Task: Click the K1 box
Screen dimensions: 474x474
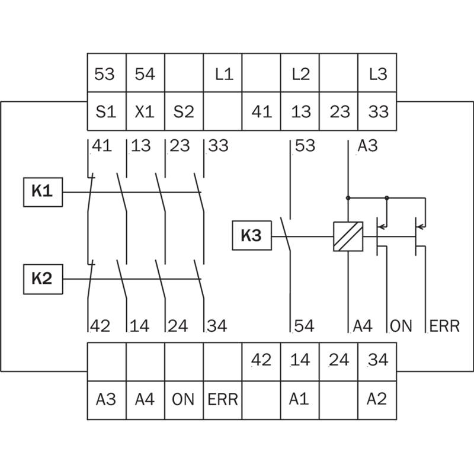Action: pos(43,192)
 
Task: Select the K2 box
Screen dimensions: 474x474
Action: pos(43,279)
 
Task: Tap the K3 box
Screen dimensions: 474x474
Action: pos(252,235)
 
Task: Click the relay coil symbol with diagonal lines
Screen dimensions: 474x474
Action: pos(348,236)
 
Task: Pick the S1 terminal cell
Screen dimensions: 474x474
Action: pos(107,111)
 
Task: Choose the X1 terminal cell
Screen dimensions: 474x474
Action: pos(145,111)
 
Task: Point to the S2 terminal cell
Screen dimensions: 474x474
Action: pos(184,111)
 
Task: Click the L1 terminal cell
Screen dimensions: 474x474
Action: pos(223,73)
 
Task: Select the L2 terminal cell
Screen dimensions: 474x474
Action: pos(300,73)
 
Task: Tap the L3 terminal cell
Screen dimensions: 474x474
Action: pos(377,73)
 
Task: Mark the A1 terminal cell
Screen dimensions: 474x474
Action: pos(300,401)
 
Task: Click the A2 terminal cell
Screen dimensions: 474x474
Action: pos(377,401)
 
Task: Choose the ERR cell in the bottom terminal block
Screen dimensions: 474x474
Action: pos(223,401)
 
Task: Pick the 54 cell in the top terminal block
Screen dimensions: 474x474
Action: pos(145,73)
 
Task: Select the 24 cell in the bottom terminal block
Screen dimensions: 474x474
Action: pos(338,361)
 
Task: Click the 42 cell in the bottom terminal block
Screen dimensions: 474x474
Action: pos(261,361)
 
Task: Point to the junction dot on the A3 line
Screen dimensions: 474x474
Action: pos(348,198)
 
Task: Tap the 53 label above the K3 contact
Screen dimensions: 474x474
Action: pos(305,145)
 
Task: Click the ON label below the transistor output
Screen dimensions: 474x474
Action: pos(401,326)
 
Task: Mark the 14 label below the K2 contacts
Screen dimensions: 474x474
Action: pos(139,326)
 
